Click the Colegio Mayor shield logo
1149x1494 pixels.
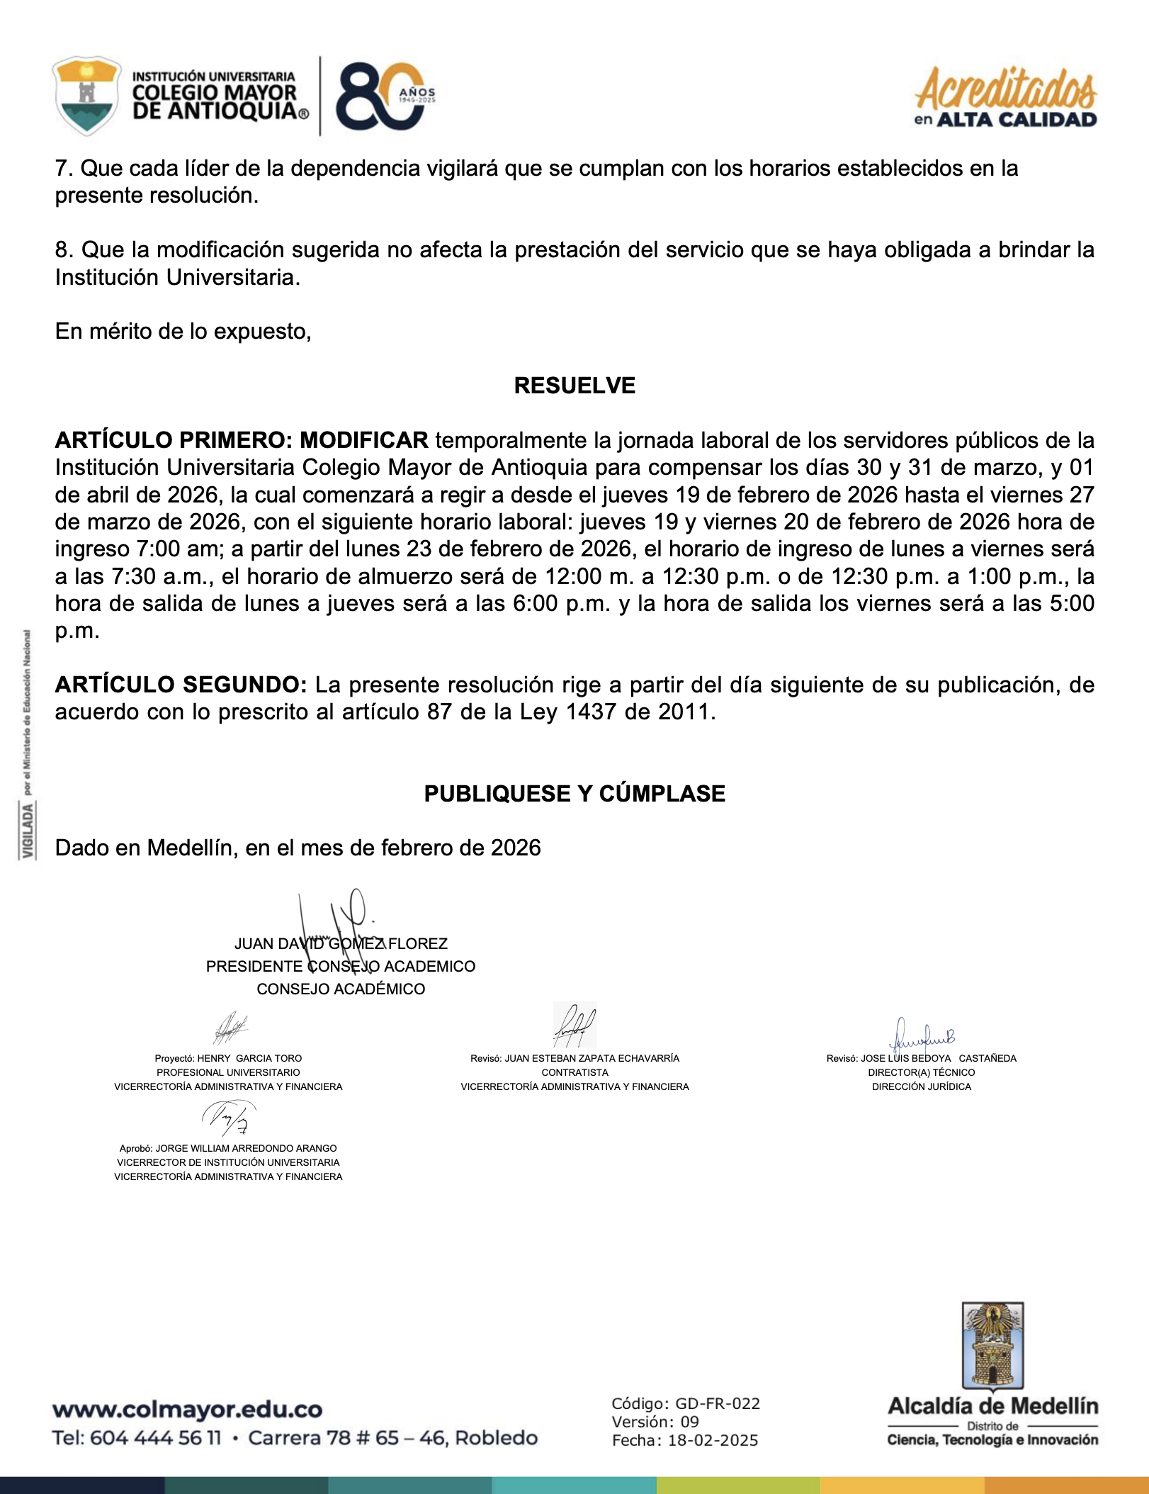point(86,95)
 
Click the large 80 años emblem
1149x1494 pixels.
point(383,96)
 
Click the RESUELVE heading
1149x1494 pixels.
point(574,386)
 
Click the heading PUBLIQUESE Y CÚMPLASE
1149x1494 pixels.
point(574,794)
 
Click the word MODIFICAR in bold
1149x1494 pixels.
point(364,440)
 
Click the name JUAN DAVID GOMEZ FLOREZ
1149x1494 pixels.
point(341,944)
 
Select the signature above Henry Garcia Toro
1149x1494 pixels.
point(230,1028)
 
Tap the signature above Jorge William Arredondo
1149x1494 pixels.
point(228,1118)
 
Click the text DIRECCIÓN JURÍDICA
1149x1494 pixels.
point(922,1086)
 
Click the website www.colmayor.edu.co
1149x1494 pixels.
point(187,1410)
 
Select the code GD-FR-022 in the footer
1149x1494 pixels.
point(717,1404)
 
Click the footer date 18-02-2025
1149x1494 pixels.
point(713,1441)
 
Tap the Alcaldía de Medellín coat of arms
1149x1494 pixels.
point(992,1347)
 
